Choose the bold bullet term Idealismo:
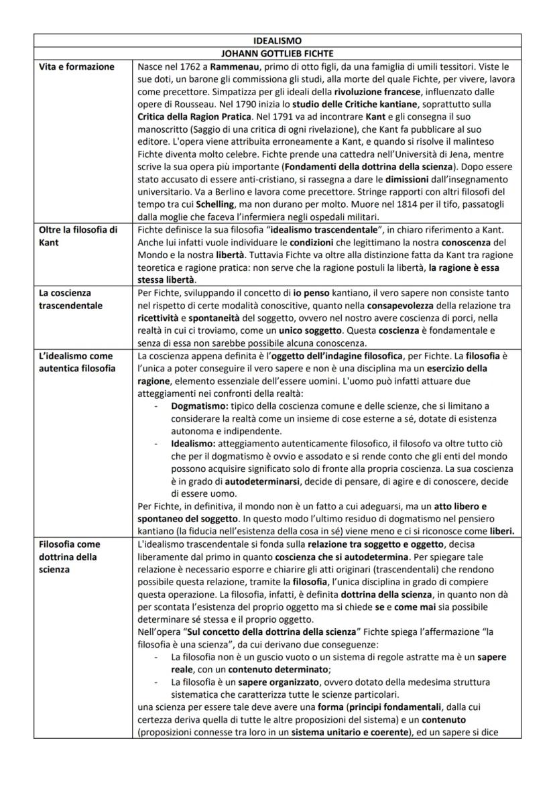tap(193, 443)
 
